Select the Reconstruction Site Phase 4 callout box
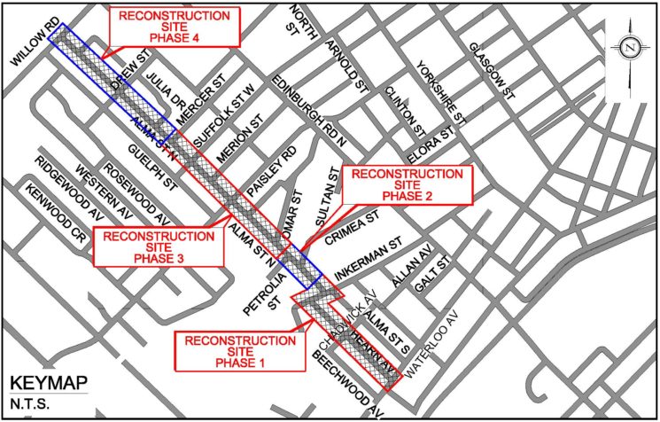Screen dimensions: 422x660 click(175, 27)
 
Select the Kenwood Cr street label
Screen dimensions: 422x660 click(55, 214)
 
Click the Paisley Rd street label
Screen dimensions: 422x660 click(267, 181)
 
